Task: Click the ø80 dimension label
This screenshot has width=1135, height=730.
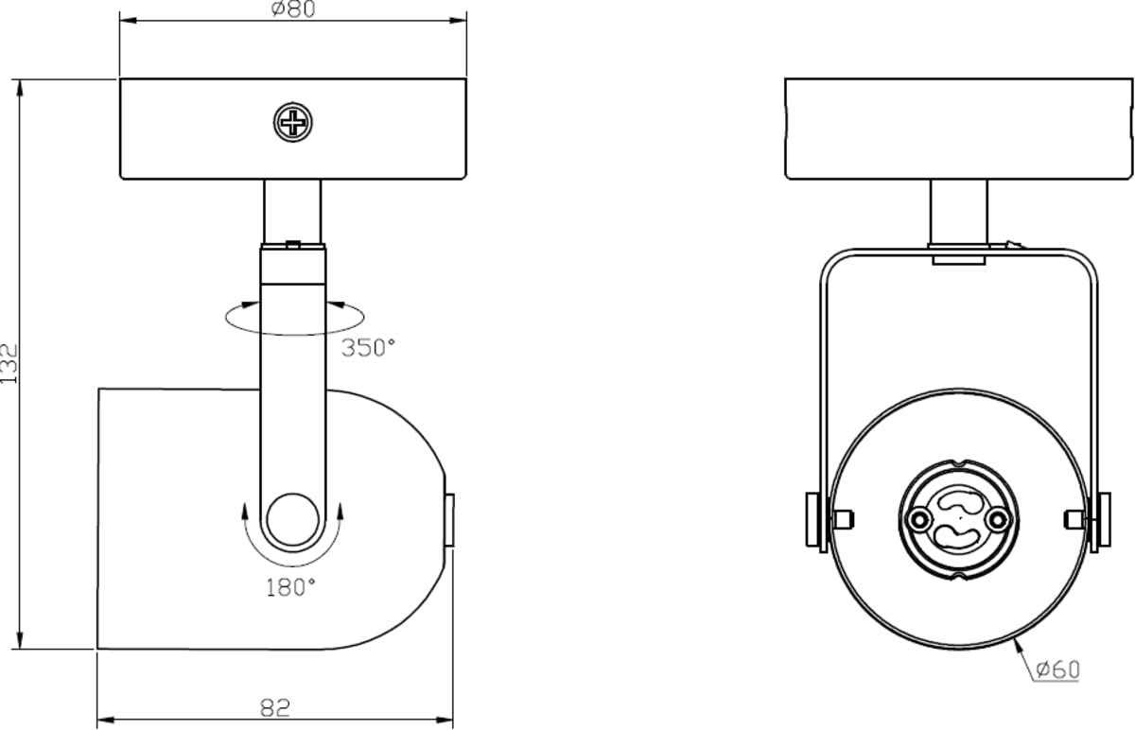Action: coord(293,9)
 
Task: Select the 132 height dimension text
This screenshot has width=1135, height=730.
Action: coord(9,364)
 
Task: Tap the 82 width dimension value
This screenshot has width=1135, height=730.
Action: coord(275,708)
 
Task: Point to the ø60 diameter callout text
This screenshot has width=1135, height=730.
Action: coord(1058,669)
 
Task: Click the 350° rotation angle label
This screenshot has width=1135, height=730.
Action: coord(368,348)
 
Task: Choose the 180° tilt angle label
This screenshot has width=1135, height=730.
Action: coord(291,587)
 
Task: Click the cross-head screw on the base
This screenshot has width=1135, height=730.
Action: coord(293,122)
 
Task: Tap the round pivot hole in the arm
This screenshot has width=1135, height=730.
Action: coord(293,520)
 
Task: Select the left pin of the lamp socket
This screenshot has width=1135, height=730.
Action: coord(918,519)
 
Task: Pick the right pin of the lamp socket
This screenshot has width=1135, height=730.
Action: coord(998,519)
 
